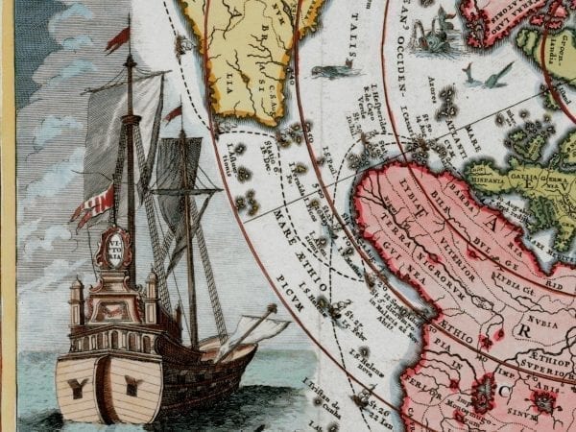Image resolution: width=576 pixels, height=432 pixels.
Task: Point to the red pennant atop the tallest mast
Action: coord(118,37)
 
